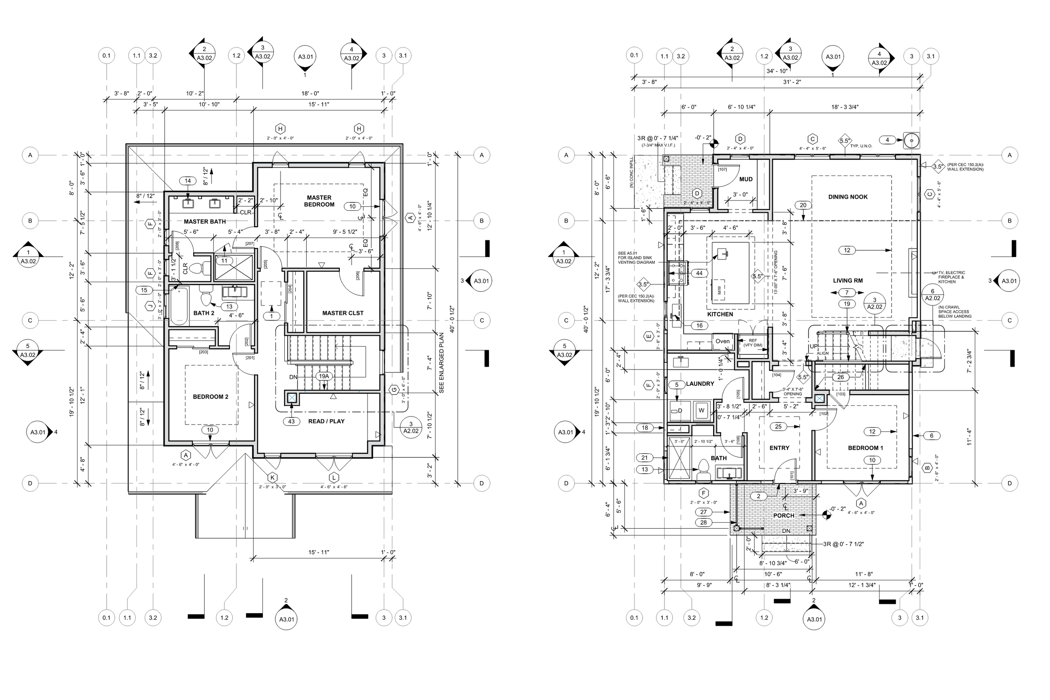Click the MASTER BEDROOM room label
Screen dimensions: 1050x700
click(319, 201)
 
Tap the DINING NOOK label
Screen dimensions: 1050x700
click(847, 197)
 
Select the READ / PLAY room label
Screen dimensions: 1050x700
click(326, 421)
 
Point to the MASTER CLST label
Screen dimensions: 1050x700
click(342, 313)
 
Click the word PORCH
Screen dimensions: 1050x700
click(783, 516)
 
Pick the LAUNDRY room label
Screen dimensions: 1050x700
click(700, 383)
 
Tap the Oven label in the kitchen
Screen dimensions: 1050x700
click(722, 341)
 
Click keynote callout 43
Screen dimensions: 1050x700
click(291, 421)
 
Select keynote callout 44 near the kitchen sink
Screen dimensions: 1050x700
click(699, 273)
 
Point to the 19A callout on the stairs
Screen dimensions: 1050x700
click(324, 376)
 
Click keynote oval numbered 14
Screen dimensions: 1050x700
click(188, 181)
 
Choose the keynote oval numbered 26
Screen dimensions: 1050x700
click(840, 377)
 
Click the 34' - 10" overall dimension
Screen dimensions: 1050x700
click(776, 71)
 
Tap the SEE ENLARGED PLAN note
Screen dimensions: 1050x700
click(441, 362)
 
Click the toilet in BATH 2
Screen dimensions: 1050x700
click(206, 298)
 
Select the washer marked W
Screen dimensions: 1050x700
click(701, 411)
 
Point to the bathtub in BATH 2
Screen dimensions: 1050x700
click(178, 306)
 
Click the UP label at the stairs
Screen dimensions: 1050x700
click(814, 346)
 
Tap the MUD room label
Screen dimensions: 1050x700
click(745, 179)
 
